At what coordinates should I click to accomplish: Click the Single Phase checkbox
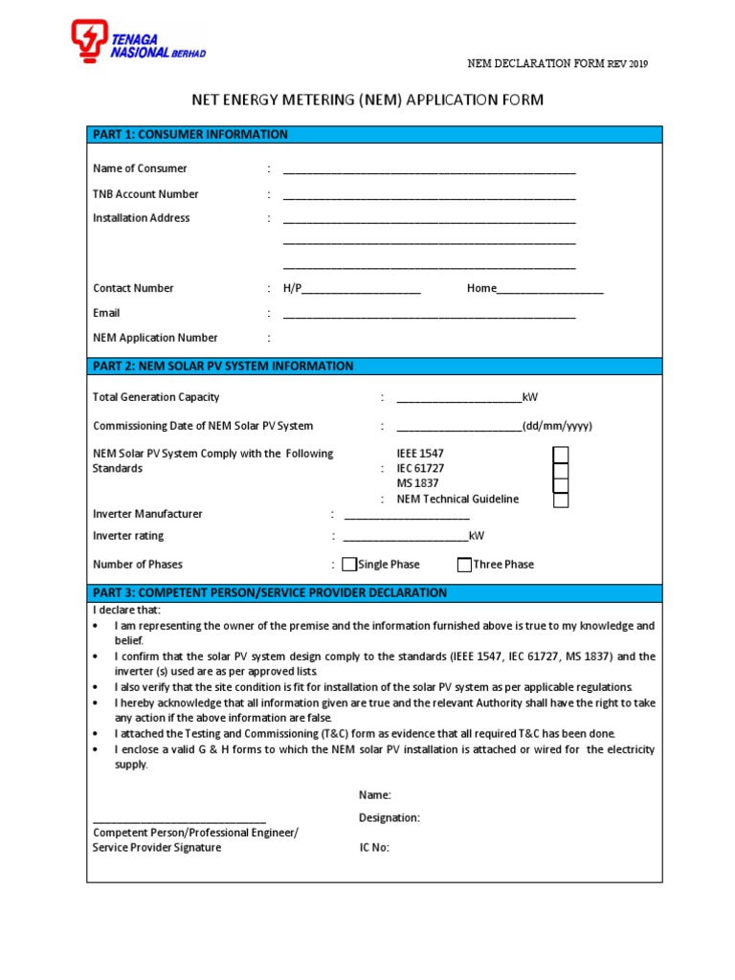click(349, 565)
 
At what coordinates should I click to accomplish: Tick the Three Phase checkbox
click(464, 565)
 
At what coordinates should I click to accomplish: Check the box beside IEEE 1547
click(561, 454)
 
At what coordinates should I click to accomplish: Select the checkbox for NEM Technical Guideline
click(561, 500)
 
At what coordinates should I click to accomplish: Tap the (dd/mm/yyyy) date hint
click(557, 426)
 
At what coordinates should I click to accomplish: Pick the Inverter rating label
click(128, 536)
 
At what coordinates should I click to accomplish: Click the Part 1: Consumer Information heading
click(190, 134)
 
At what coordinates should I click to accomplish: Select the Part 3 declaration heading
click(270, 592)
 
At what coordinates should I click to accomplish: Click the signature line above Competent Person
click(179, 820)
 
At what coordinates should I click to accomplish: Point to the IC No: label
click(374, 848)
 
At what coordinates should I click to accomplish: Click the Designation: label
click(390, 818)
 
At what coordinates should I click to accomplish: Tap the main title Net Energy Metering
click(368, 100)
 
